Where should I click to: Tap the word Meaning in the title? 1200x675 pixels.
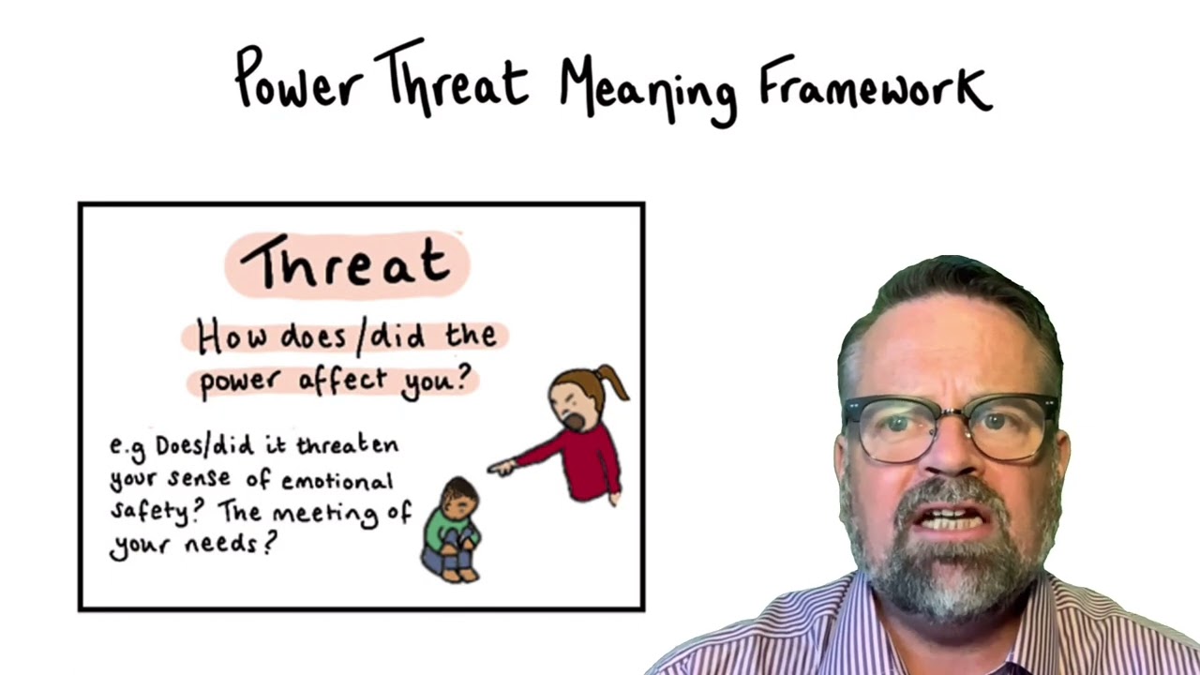coord(648,88)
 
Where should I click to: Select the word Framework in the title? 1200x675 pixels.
coord(874,82)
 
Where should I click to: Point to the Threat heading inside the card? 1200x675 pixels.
coord(346,262)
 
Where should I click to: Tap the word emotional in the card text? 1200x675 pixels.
coord(338,482)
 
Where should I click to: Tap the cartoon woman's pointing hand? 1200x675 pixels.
coord(502,466)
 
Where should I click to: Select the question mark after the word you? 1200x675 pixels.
coord(464,379)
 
